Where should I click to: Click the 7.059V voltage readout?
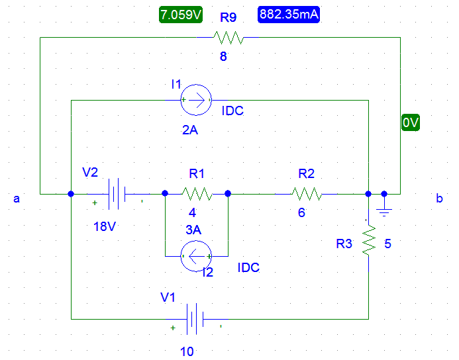coord(180,15)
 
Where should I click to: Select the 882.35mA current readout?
coord(289,15)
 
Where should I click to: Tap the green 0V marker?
coord(411,123)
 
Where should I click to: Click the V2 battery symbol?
coord(118,195)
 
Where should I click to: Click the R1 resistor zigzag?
coord(197,195)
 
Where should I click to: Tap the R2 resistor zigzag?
coord(306,195)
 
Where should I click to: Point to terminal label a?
coord(17,199)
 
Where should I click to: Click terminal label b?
coord(438,199)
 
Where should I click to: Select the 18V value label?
coord(105,226)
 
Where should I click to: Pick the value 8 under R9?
coord(223,57)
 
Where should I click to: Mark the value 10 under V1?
coord(187,351)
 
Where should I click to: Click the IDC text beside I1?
coord(232,111)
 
